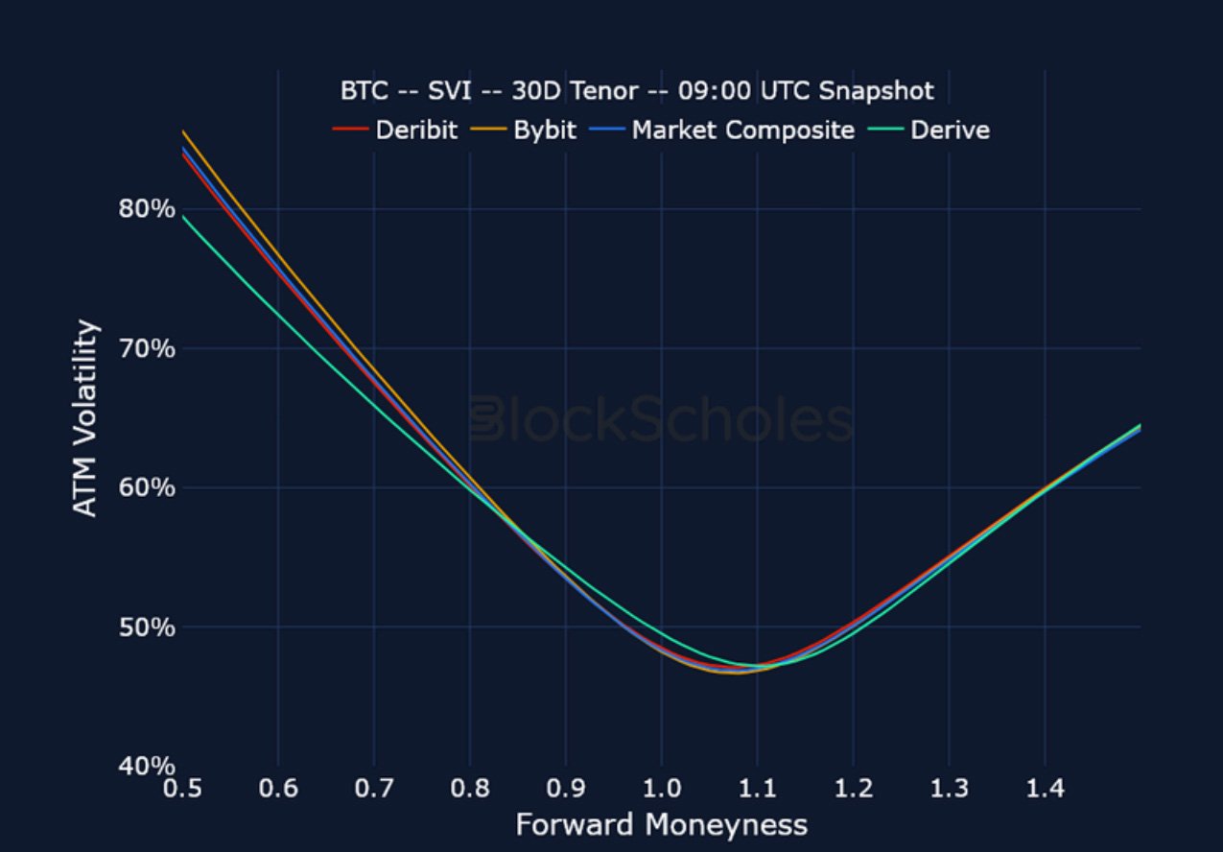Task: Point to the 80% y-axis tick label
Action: pos(147,208)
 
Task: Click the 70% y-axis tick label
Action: pos(147,348)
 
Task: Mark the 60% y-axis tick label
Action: pos(147,487)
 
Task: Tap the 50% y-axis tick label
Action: pos(147,627)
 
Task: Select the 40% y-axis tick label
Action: pos(147,767)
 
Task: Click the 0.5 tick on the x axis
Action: pos(182,789)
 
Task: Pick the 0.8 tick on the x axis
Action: pos(470,789)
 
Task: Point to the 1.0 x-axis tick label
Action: pos(662,789)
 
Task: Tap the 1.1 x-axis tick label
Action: pos(758,789)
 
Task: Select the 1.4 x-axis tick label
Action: pos(1046,789)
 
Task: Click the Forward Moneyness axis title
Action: pos(661,824)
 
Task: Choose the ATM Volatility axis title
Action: pos(86,418)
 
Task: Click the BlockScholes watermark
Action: pos(661,420)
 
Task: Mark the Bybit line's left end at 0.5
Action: pos(183,131)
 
